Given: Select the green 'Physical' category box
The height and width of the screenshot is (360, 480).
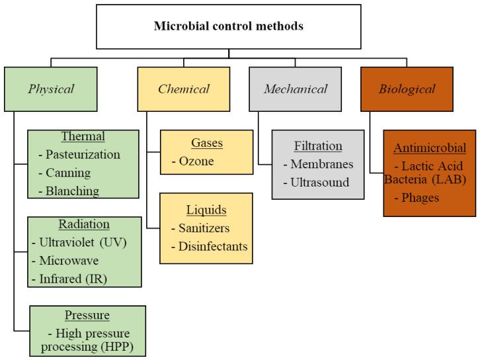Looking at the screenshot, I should [50, 89].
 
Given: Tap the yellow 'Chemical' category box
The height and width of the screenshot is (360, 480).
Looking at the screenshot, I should [183, 89].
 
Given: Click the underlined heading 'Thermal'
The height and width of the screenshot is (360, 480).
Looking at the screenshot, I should [83, 137].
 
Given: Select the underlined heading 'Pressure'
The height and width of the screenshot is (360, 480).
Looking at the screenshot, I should [87, 314].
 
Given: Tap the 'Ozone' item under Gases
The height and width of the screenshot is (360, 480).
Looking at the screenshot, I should [197, 161].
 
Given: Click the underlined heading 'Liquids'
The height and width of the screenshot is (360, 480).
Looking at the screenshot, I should [206, 210].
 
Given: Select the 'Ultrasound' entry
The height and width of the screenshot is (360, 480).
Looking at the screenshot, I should [320, 182].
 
